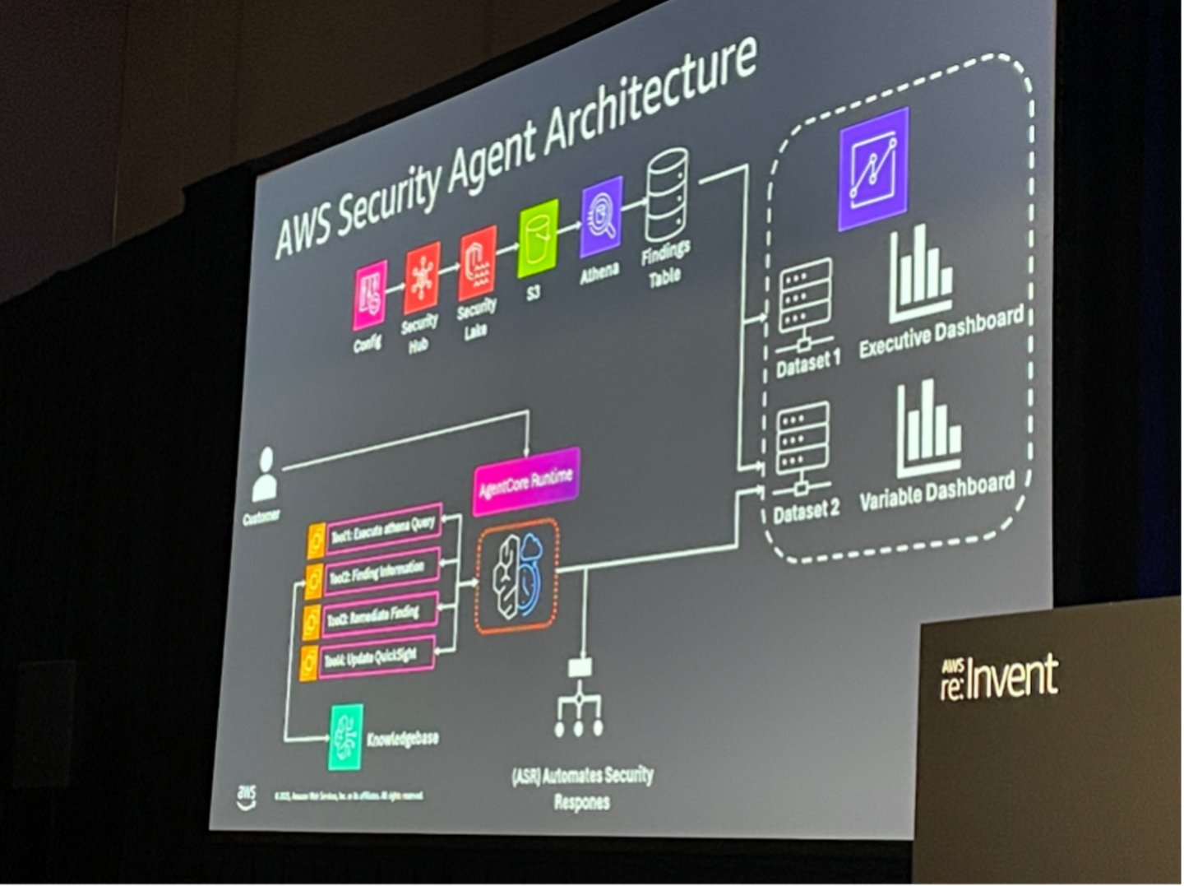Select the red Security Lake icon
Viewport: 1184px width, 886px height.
[x=478, y=262]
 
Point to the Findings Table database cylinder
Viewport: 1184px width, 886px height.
[x=667, y=194]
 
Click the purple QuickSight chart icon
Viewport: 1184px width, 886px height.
[x=874, y=169]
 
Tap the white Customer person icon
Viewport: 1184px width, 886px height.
[x=265, y=475]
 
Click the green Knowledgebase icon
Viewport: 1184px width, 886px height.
[x=345, y=737]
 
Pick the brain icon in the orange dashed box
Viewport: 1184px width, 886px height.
[x=517, y=575]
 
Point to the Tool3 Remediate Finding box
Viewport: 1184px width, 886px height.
[x=381, y=615]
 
